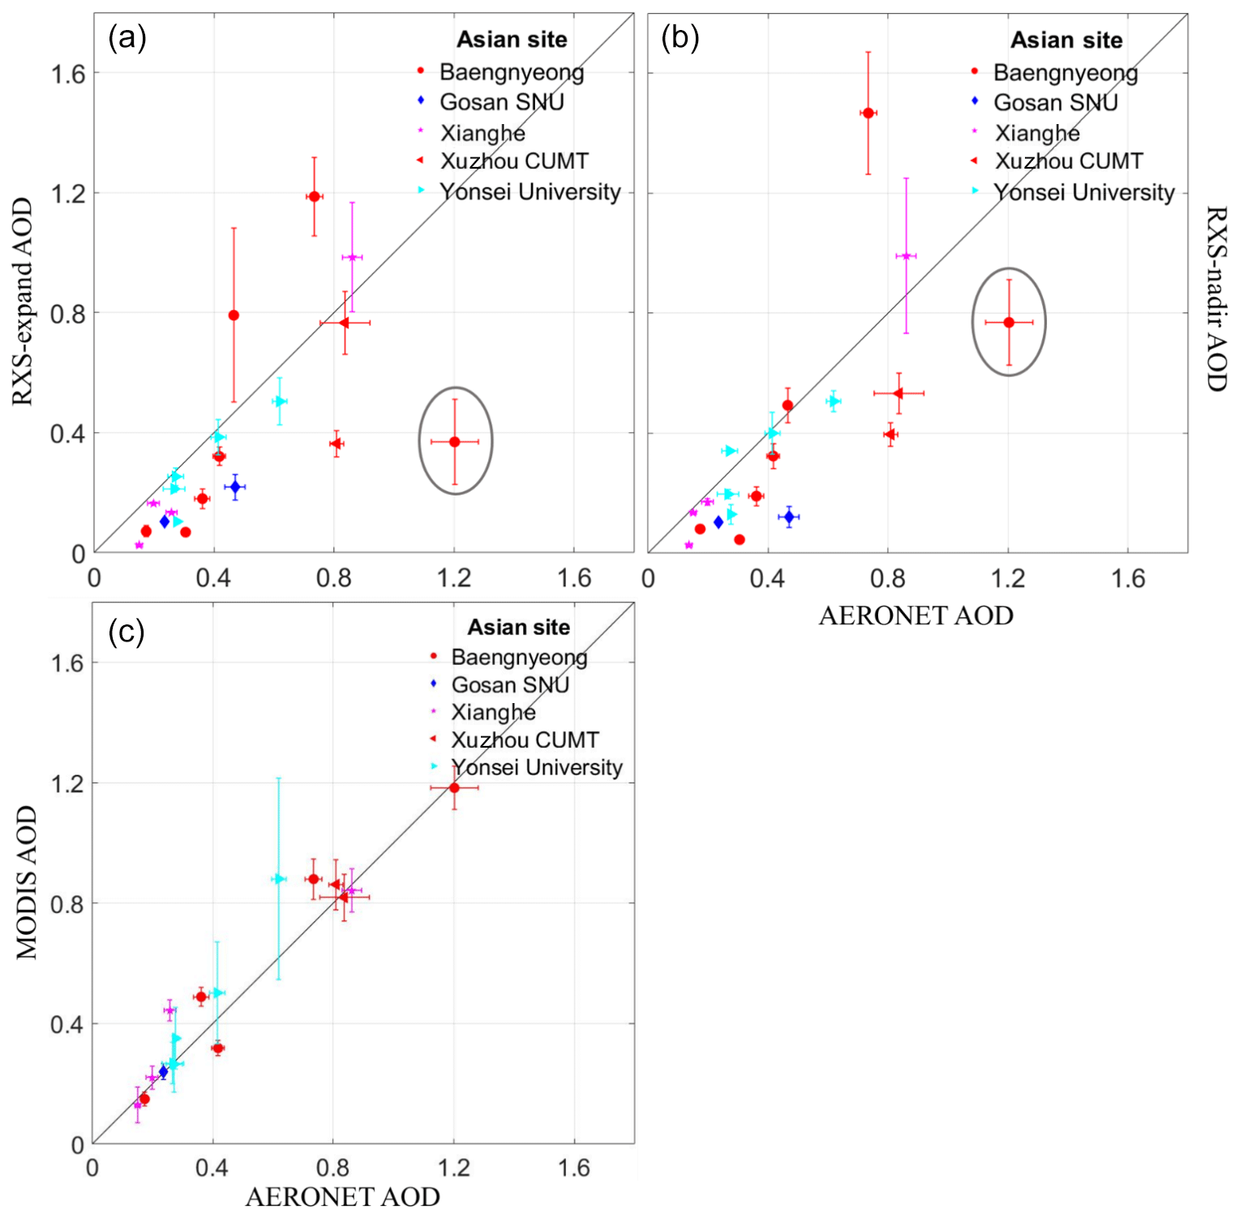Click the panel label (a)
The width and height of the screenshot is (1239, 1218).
[x=127, y=37]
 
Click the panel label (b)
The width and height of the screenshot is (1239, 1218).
[x=680, y=37]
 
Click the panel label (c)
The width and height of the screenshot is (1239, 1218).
[x=126, y=632]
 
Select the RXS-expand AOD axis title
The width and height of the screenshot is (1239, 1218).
[x=22, y=301]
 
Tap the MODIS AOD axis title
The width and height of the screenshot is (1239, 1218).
[x=27, y=881]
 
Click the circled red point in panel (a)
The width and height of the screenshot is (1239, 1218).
[x=455, y=442]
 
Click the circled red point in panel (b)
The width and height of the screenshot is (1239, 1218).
[x=1009, y=322]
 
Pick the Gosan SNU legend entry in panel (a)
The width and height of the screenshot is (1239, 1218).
[x=501, y=102]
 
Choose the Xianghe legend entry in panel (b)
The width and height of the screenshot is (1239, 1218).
[x=1037, y=133]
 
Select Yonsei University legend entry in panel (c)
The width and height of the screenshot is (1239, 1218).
[x=536, y=767]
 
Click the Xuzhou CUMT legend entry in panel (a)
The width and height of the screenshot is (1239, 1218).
[x=514, y=161]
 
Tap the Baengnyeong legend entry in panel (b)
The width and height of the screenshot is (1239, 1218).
[x=1065, y=73]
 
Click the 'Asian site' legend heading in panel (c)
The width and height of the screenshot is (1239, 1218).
[x=518, y=628]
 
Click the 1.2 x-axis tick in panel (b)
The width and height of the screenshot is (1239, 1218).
[x=1008, y=578]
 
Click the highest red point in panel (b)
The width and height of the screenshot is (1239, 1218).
[x=868, y=113]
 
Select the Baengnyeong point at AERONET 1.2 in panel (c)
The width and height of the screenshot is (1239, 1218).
[x=454, y=787]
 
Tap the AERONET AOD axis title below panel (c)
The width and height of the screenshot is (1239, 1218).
[x=342, y=1197]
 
